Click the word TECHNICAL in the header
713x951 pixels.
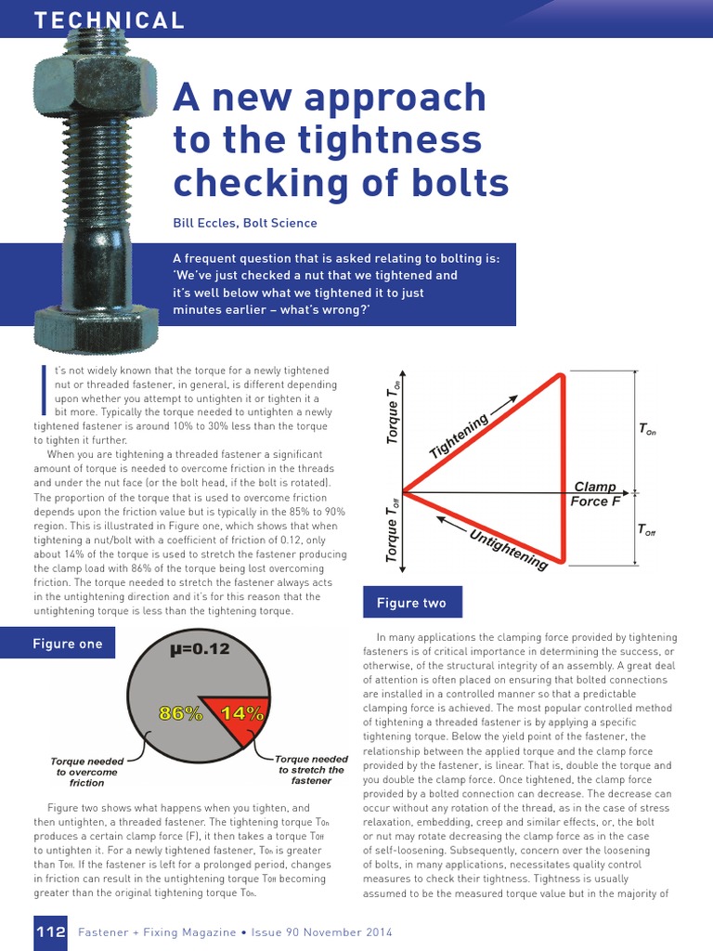pyautogui.click(x=110, y=20)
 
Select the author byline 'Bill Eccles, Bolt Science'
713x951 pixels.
pyautogui.click(x=245, y=223)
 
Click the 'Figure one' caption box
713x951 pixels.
pyautogui.click(x=68, y=644)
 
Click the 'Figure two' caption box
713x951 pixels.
pyautogui.click(x=410, y=603)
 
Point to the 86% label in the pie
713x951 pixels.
pyautogui.click(x=181, y=713)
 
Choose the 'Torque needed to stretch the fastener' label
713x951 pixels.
pyautogui.click(x=311, y=770)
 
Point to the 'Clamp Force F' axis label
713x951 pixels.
pyautogui.click(x=595, y=494)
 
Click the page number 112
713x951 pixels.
pyautogui.click(x=50, y=931)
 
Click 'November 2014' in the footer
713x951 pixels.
pyautogui.click(x=347, y=931)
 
